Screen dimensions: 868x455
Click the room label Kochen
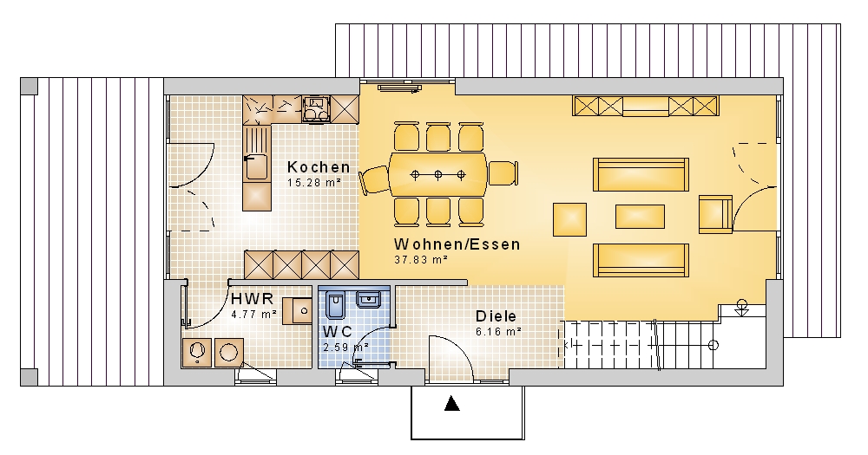pos(319,167)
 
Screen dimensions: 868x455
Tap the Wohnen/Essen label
pos(457,244)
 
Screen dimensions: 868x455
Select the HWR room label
pos(252,299)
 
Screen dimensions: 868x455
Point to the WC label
pos(337,332)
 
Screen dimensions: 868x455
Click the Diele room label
pos(496,316)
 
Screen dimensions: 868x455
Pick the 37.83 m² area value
pos(421,259)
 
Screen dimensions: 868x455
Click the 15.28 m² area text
pos(314,182)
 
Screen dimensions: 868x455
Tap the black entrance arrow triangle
pos(452,404)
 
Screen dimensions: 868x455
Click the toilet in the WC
pos(335,306)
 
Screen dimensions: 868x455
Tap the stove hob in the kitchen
pos(316,108)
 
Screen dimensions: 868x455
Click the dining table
pos(437,175)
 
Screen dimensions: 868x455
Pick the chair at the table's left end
pos(374,179)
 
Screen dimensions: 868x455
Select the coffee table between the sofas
pos(640,216)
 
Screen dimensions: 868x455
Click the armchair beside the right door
pos(715,214)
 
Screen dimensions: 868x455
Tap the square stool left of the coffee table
pos(569,219)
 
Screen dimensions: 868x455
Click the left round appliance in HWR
pos(196,352)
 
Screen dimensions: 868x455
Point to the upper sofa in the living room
pos(641,174)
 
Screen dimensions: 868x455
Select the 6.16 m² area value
pos(498,332)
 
